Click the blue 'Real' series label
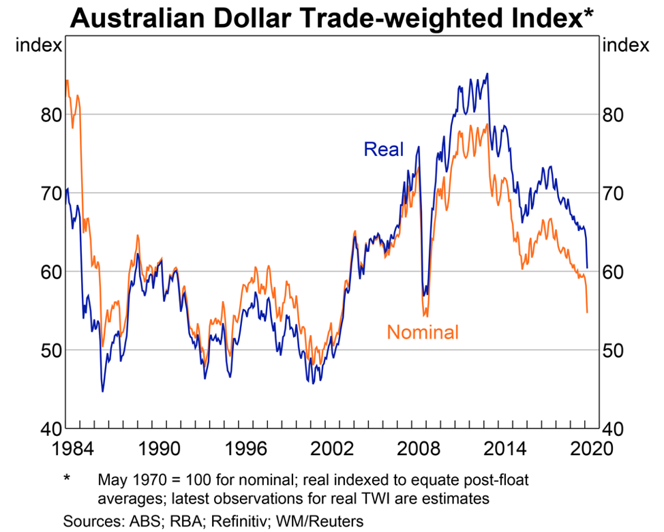pos(384,149)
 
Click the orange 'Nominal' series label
pos(423,332)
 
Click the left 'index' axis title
pos(38,46)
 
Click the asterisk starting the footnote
pos(67,478)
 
